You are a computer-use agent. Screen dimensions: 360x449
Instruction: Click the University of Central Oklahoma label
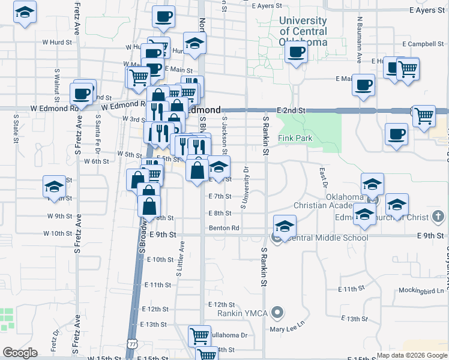coord(304,31)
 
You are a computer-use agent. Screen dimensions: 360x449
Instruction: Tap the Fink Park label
coord(295,138)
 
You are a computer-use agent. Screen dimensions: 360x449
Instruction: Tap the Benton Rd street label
coord(224,228)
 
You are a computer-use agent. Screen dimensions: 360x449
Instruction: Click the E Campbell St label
coord(423,44)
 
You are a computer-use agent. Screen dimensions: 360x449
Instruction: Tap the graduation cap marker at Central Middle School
coord(284,226)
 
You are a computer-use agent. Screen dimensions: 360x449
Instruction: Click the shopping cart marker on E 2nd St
coord(424,115)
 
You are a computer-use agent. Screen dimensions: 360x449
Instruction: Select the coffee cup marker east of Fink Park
coord(396,134)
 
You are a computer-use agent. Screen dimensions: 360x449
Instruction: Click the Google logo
coord(20,353)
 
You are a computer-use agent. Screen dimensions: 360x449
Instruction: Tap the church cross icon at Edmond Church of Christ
coord(439,217)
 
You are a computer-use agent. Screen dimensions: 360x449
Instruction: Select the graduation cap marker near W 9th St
coord(54,187)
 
